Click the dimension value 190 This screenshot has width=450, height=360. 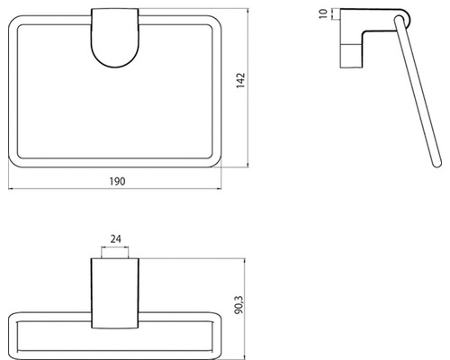click(x=116, y=181)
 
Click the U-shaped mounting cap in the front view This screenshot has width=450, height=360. click(x=114, y=40)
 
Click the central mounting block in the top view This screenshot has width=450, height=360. click(x=114, y=297)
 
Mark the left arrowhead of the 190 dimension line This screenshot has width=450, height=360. click(x=13, y=190)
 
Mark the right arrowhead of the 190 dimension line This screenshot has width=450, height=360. click(x=219, y=190)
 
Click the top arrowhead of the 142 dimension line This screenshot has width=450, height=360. click(x=248, y=13)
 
